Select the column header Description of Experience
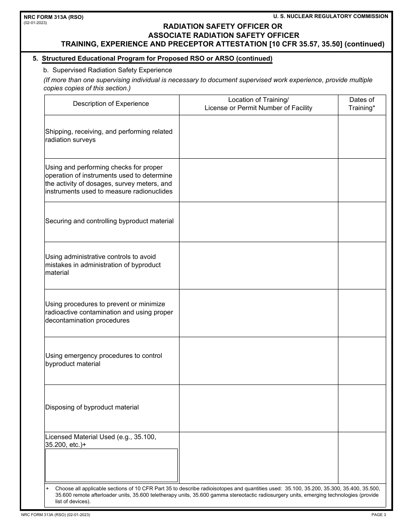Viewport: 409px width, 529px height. coord(111,104)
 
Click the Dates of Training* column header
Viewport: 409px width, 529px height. coord(362,104)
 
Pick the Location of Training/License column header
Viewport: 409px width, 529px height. coord(258,104)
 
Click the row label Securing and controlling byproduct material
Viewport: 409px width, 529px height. coord(109,221)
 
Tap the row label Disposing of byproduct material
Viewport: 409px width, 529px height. coord(92,407)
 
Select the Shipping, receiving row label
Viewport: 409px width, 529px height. coord(108,135)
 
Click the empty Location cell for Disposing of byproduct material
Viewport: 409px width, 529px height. coord(258,408)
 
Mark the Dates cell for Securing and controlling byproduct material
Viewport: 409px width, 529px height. coord(362,221)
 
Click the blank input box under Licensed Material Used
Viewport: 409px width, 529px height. coord(111,465)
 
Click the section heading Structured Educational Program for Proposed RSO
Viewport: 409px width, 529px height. coord(157,58)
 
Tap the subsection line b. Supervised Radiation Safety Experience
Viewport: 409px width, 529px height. coord(108,70)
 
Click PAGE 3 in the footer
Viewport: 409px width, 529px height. coord(379,515)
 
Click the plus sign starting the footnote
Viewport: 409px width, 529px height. coord(47,489)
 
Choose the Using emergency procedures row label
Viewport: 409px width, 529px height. coord(103,360)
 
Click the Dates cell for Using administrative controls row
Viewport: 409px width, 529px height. coord(362,265)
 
